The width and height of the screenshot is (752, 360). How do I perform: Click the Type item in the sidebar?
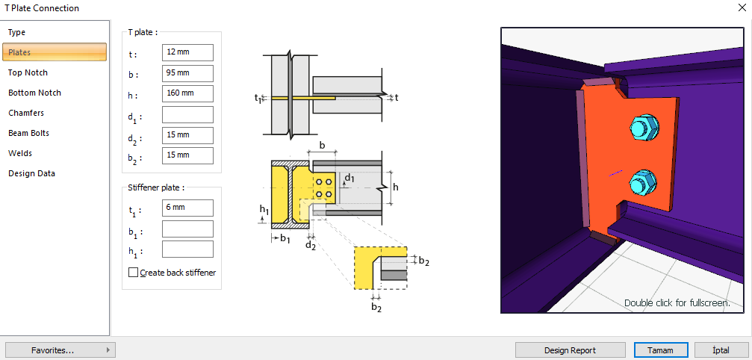coord(17,32)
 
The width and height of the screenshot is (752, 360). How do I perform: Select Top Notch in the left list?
coord(28,72)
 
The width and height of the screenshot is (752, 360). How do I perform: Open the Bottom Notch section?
coord(34,93)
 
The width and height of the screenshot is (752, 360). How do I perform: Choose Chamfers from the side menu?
coord(26,113)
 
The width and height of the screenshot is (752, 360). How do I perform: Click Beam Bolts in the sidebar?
coord(28,133)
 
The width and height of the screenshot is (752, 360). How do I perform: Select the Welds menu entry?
coord(20,153)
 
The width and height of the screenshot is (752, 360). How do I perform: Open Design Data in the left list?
coord(31,173)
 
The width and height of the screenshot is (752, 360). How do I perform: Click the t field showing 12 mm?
coord(187,53)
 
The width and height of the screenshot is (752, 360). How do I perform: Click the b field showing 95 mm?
coord(187,73)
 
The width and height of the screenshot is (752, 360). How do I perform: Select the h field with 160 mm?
coord(187,93)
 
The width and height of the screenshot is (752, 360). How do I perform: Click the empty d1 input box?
coord(187,114)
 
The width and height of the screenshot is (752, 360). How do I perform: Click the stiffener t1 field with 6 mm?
coord(187,208)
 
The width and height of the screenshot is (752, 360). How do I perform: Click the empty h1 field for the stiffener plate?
coord(187,249)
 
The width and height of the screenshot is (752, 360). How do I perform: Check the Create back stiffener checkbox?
coord(134,273)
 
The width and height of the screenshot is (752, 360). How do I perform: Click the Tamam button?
coord(659,350)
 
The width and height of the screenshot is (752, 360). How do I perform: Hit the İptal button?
coord(721,350)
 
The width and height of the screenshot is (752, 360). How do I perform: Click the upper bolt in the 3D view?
coord(643,128)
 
